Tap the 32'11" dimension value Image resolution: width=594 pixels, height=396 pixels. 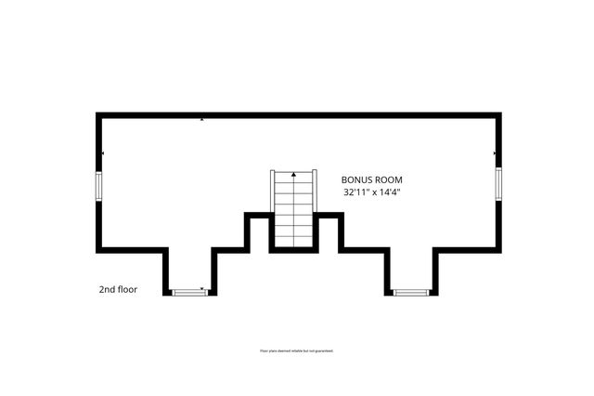tap(355, 192)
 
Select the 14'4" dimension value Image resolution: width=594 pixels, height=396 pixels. tap(399, 192)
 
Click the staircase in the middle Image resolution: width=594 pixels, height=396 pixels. tap(293, 211)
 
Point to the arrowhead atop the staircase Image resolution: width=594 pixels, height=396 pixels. tap(293, 174)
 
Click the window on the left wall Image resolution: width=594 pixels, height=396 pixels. tap(98, 184)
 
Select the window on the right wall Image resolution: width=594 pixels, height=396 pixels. tap(498, 183)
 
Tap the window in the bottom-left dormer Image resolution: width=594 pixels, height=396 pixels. tap(190, 292)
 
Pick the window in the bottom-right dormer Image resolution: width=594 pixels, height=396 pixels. tap(409, 292)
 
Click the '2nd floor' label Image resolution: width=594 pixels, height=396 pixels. tap(118, 289)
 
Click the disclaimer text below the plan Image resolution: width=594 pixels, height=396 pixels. tap(296, 350)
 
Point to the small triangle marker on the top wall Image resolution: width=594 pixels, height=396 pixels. tap(202, 119)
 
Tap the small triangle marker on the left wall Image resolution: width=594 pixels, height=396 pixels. tap(103, 152)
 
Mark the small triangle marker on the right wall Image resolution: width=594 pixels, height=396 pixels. tap(495, 153)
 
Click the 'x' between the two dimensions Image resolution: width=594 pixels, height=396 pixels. tap(378, 192)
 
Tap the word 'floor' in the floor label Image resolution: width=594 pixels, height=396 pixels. tap(127, 289)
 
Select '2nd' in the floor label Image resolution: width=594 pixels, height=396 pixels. tap(107, 289)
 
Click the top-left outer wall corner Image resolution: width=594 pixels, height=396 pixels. tap(98, 114)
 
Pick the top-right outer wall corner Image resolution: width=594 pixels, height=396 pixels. tap(498, 114)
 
